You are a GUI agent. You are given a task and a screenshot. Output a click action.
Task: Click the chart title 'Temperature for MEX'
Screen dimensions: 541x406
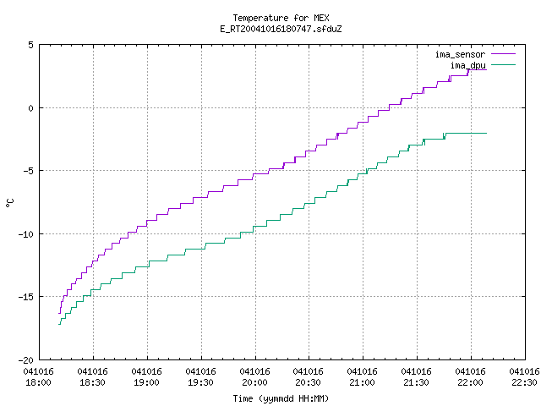281,18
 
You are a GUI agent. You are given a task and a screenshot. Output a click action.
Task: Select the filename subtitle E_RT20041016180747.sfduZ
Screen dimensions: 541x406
281,29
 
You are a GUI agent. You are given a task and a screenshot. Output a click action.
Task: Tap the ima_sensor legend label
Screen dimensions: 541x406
460,54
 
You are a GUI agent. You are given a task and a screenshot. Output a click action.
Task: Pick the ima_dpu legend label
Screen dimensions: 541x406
467,65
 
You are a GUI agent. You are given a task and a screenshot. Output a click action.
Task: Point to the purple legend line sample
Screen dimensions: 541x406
503,54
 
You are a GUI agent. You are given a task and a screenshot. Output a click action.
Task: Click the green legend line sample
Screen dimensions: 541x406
503,64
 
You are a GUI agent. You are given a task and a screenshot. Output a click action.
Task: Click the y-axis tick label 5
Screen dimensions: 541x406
30,45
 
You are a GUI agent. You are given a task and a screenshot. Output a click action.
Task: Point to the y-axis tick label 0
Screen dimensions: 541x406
30,108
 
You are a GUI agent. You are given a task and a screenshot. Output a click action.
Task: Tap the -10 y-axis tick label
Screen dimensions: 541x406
26,234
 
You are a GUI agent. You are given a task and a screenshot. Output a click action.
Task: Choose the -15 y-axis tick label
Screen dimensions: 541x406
26,297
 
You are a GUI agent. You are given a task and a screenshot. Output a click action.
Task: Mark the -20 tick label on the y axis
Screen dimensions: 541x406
26,360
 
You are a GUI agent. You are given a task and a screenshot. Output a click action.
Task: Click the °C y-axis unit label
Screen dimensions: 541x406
9,203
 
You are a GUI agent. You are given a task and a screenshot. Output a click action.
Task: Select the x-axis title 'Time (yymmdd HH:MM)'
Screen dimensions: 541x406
281,398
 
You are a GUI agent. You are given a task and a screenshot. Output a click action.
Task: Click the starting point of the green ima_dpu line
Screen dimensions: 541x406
58,324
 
